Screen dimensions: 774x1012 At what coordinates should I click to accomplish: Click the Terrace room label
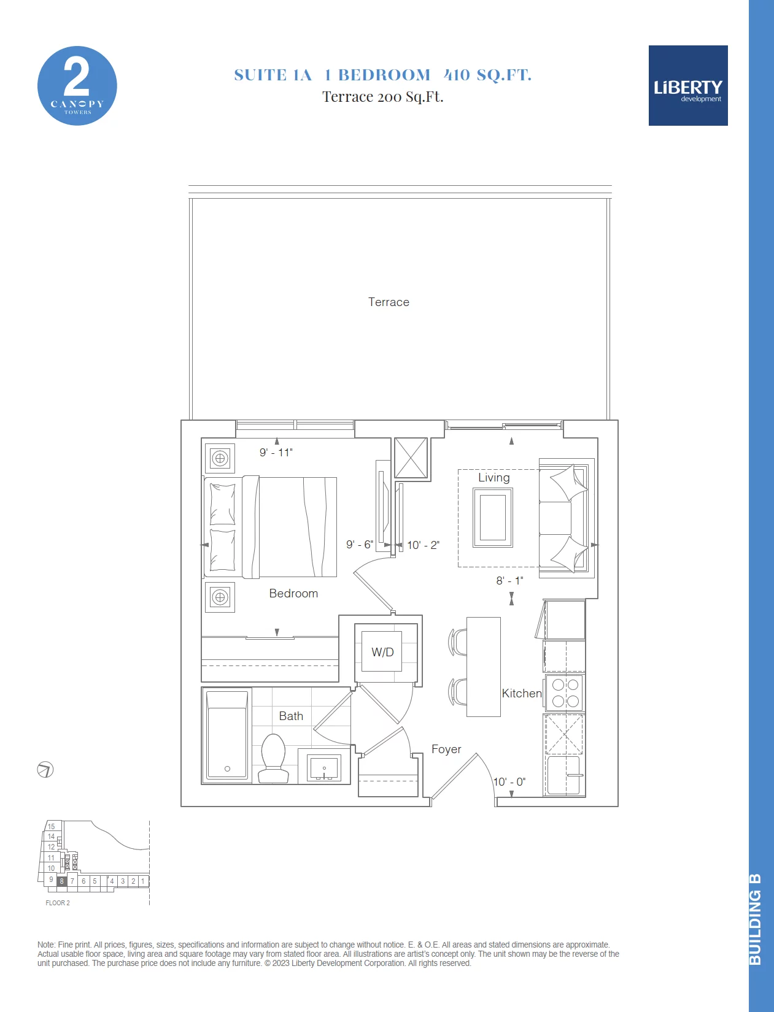tap(389, 302)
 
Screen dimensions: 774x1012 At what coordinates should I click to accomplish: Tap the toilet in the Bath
tap(273, 759)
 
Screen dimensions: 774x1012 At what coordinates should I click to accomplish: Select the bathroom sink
tap(324, 768)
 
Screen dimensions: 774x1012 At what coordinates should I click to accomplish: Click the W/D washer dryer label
tap(382, 652)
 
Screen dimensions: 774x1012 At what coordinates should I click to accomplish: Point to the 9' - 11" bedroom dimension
tap(276, 452)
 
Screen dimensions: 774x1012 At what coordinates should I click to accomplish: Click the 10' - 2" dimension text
tap(423, 545)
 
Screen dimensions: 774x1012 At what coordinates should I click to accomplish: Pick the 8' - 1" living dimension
tap(509, 580)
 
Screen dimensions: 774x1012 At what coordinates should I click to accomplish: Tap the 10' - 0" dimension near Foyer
tap(509, 781)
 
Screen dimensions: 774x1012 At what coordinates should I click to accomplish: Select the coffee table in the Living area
tap(493, 517)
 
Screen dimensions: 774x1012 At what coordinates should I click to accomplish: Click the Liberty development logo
tap(687, 85)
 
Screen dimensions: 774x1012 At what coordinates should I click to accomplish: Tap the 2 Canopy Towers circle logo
tap(77, 86)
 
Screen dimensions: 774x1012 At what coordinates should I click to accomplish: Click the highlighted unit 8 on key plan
tap(61, 881)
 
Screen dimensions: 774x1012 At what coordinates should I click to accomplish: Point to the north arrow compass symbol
tap(45, 770)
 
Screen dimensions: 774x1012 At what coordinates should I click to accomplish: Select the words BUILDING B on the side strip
tap(755, 920)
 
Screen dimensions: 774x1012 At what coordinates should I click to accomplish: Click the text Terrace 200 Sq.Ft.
tap(382, 97)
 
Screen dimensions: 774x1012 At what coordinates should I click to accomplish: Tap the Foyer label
tap(446, 749)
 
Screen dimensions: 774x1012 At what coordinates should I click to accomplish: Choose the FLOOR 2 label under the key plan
tap(58, 903)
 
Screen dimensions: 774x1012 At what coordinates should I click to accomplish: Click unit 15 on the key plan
tap(51, 826)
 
